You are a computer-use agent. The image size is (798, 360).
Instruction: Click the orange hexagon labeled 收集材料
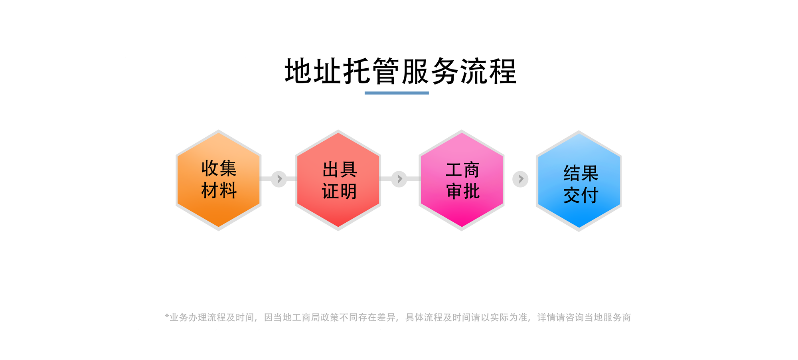click(219, 180)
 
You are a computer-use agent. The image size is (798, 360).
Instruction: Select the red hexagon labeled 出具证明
click(338, 180)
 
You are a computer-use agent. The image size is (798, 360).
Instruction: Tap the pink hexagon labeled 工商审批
click(462, 180)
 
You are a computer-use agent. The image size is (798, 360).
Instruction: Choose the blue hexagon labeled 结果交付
click(579, 181)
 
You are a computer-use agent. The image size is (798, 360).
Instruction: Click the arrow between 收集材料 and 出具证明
click(279, 179)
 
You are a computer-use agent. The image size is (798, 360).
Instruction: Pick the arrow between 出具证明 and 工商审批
click(399, 179)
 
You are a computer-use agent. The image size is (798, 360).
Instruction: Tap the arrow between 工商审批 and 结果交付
click(520, 179)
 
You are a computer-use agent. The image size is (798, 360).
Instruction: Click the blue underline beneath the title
click(397, 93)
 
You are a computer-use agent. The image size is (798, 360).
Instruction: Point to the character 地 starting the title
click(298, 71)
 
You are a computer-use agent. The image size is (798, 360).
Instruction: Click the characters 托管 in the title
click(371, 71)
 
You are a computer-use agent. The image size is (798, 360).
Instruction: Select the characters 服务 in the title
click(430, 71)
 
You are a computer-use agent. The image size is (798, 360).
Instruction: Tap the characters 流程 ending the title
click(488, 71)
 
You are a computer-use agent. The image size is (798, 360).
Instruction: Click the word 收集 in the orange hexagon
click(219, 168)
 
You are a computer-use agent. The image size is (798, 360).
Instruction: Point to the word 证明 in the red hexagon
click(339, 191)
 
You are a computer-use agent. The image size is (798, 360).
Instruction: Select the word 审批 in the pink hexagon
click(463, 191)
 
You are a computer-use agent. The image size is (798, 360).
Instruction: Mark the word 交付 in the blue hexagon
click(581, 195)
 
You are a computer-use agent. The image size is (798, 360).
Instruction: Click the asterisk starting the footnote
click(167, 316)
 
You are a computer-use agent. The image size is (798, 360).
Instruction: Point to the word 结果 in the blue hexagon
click(581, 173)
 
